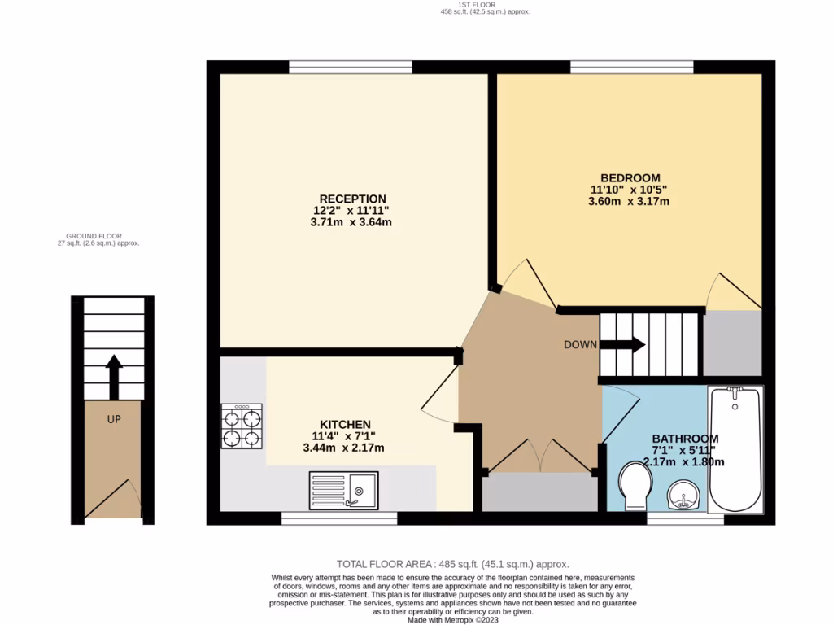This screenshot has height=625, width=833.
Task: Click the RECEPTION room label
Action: [352, 199]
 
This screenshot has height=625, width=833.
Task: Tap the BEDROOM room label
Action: [630, 178]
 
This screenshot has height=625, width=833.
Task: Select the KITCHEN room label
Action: [345, 425]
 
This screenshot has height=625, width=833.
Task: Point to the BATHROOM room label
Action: [684, 439]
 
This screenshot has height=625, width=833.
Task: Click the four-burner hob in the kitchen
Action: [242, 426]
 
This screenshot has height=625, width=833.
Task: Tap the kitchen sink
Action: [342, 491]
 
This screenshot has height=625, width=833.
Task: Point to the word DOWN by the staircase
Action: [581, 345]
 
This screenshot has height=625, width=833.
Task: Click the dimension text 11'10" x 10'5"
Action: [630, 190]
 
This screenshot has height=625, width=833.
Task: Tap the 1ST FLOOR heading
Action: [478, 5]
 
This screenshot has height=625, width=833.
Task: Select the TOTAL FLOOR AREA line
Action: [453, 564]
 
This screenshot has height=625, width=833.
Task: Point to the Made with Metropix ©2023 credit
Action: [453, 620]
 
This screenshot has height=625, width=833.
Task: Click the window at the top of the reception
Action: [350, 67]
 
